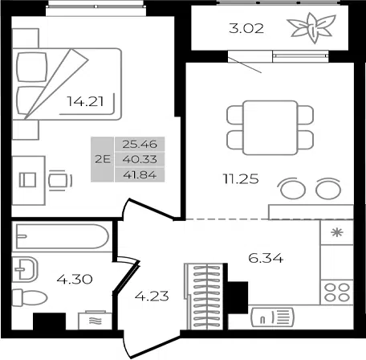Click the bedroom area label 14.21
(85, 101)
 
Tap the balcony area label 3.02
(246, 28)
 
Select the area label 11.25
(241, 178)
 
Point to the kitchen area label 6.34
(266, 259)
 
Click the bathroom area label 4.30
(75, 279)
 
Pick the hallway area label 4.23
(152, 297)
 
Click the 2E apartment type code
(103, 159)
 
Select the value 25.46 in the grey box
(140, 144)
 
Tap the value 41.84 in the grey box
(140, 175)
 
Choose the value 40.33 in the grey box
(140, 159)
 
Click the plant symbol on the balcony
(311, 28)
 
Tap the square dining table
(270, 128)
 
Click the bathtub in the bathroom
(63, 236)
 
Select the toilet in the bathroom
(30, 297)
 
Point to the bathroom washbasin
(26, 269)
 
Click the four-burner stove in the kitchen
(337, 292)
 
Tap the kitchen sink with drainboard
(272, 317)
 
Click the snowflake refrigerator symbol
(337, 232)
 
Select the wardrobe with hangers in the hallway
(204, 297)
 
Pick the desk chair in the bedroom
(60, 181)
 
